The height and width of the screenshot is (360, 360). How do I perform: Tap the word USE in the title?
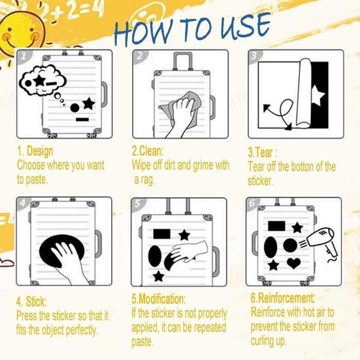tap(245, 26)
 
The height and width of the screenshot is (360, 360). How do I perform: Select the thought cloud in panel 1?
tap(43, 80)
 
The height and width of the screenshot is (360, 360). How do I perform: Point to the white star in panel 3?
tap(318, 95)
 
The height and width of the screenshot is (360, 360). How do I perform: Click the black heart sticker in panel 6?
tap(294, 263)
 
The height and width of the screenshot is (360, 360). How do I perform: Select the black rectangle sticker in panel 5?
tap(162, 234)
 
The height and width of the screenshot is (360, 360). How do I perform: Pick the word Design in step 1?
tap(40, 151)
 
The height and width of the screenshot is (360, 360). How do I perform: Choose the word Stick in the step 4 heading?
tap(35, 301)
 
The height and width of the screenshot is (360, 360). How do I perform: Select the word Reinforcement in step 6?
tap(286, 298)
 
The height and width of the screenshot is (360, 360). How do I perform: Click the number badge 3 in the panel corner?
tap(254, 56)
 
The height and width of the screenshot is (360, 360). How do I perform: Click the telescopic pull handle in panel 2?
tap(183, 61)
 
